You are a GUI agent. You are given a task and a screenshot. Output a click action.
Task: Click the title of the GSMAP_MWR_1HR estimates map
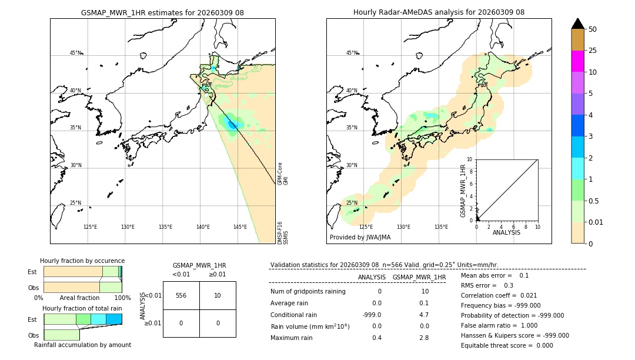coord(162,12)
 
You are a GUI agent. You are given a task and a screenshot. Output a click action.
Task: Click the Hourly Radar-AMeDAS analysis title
coord(439,12)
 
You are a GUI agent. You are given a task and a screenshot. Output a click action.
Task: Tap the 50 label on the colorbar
coord(593,29)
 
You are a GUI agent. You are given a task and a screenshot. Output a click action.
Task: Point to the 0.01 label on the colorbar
coord(596,222)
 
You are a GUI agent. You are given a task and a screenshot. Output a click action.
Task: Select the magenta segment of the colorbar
coord(577,61)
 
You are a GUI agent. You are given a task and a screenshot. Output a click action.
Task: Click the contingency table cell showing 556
coord(181,295)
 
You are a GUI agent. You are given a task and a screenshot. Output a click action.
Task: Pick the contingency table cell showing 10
coord(218,295)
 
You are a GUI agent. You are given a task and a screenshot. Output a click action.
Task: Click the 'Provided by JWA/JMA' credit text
coord(360,237)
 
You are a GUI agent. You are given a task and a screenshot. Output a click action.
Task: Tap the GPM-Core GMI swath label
coord(283,174)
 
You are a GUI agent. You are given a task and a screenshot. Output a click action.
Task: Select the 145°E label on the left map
coord(240,227)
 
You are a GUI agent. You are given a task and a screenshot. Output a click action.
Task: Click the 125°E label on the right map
coord(366,227)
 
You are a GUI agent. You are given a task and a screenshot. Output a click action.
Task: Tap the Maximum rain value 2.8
coord(425,338)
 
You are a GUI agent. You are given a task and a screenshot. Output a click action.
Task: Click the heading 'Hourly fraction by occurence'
coord(82,261)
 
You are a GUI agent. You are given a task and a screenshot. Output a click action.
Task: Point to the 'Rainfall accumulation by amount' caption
coord(82,345)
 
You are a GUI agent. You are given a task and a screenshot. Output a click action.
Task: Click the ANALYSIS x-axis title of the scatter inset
coord(507,232)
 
